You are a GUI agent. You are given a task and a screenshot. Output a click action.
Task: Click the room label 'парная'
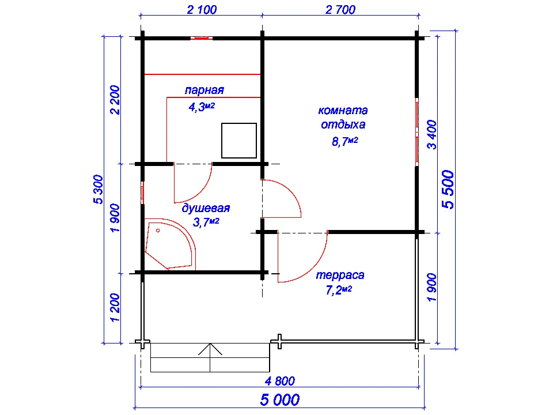click(x=204, y=90)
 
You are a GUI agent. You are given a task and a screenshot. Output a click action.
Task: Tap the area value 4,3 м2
click(x=202, y=107)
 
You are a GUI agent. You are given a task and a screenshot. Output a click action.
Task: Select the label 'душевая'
click(x=206, y=208)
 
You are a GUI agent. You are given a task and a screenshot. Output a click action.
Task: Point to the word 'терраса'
click(x=340, y=275)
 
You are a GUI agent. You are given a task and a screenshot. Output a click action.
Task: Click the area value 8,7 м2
click(x=345, y=142)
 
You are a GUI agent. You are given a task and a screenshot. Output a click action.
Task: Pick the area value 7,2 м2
click(x=339, y=290)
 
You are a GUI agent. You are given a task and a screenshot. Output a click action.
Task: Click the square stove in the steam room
click(x=238, y=141)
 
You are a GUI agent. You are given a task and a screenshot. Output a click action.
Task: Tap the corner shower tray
click(x=169, y=244)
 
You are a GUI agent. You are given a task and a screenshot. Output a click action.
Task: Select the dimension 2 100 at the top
click(x=202, y=10)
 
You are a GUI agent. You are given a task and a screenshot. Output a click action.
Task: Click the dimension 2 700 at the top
click(x=340, y=10)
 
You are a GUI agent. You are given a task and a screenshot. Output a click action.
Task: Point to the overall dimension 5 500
click(x=448, y=190)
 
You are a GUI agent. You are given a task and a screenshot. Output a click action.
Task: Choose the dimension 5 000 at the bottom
click(x=280, y=400)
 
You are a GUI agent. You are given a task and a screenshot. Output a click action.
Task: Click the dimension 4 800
click(x=280, y=381)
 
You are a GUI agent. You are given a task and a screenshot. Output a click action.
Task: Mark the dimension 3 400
click(x=431, y=134)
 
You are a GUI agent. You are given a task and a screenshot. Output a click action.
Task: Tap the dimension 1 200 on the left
click(x=115, y=307)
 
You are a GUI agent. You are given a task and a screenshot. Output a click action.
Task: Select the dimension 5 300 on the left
click(x=98, y=189)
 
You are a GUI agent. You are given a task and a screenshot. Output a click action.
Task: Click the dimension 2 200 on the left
click(x=115, y=100)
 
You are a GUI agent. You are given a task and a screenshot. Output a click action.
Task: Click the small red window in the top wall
click(x=202, y=38)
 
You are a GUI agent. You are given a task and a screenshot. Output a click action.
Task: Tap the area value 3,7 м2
click(x=206, y=222)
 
